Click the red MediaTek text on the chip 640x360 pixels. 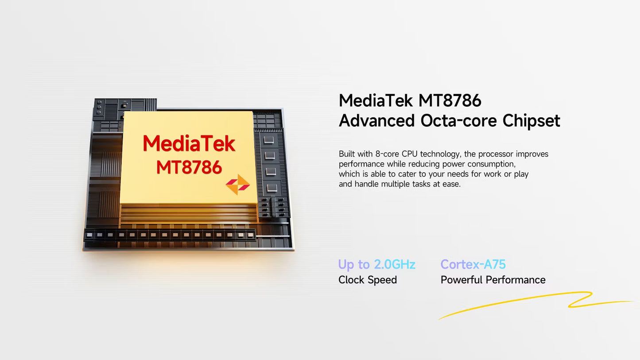[189, 143]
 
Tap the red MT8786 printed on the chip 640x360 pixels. [189, 167]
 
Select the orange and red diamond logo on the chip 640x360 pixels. [238, 185]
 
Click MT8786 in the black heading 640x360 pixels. [450, 101]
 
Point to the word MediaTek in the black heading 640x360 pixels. [376, 101]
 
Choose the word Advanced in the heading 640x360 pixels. [376, 120]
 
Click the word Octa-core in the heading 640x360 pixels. [458, 120]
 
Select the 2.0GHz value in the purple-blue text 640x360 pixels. [395, 264]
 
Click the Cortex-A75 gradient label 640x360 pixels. [473, 264]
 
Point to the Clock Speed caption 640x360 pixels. [368, 280]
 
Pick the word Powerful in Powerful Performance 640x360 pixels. [462, 280]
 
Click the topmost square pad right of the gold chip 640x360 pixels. [268, 140]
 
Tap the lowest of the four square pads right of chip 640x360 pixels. [272, 188]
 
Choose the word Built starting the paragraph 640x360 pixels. [347, 154]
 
